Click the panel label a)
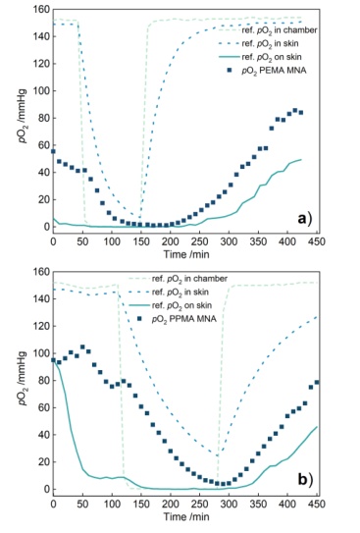click(304, 219)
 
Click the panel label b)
click(304, 479)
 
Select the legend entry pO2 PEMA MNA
click(274, 71)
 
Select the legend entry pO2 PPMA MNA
click(183, 319)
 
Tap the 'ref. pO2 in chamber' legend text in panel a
click(280, 30)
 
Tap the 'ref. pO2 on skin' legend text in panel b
click(181, 305)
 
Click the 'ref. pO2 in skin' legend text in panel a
click(270, 44)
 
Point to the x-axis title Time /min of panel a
click(186, 254)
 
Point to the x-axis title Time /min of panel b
click(186, 516)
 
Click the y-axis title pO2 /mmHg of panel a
click(25, 116)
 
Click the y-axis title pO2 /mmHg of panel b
click(25, 378)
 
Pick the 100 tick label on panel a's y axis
click(40, 90)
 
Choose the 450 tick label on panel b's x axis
click(317, 504)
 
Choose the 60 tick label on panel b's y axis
click(43, 407)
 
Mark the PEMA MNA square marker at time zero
click(53, 151)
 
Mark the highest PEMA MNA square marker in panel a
click(295, 111)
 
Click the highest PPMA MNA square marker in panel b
click(82, 347)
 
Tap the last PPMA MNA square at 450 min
click(317, 383)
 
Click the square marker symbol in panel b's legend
click(139, 319)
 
